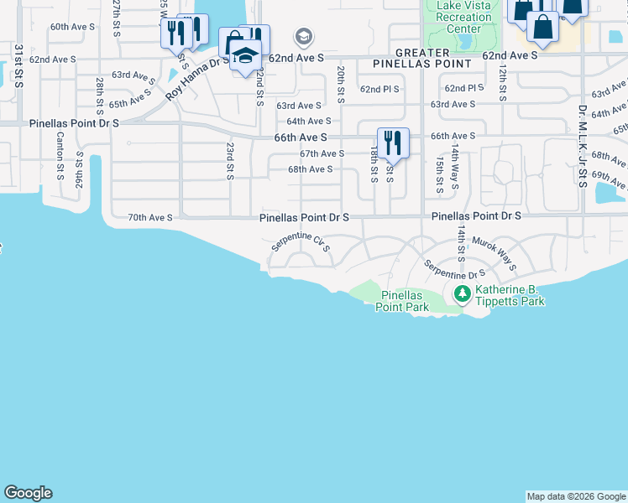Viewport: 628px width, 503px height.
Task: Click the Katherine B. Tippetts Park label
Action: point(510,295)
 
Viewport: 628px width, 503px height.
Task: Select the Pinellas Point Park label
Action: point(406,302)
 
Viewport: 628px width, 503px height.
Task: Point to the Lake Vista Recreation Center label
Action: point(458,17)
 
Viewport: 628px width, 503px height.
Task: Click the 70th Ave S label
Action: point(149,217)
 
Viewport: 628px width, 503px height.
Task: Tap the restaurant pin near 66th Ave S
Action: point(393,143)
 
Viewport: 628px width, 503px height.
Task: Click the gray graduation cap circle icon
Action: point(303,37)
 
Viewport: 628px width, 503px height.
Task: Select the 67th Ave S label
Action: point(322,153)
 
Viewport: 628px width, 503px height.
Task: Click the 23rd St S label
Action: point(229,159)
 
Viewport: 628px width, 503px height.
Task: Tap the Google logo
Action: point(28,493)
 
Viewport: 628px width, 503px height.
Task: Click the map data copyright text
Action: point(576,496)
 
